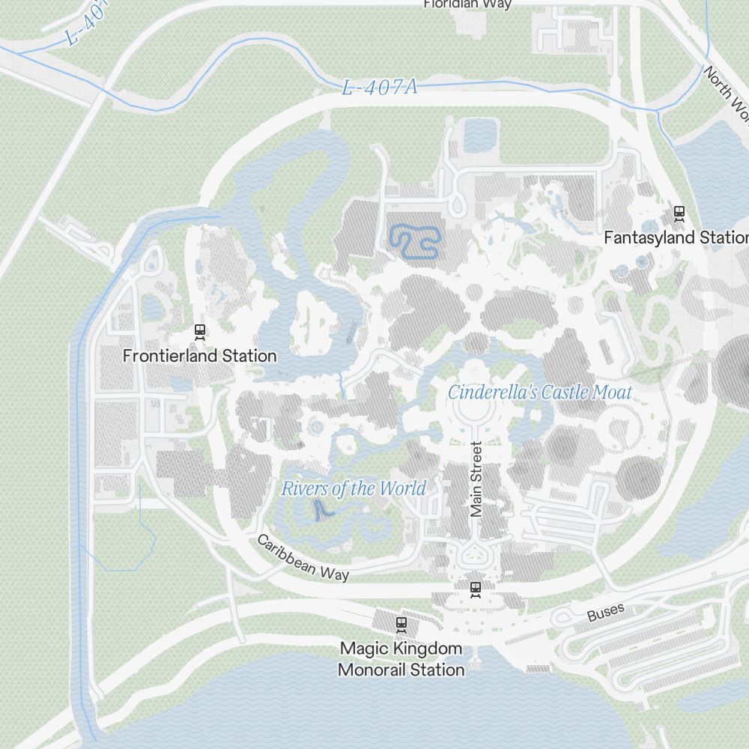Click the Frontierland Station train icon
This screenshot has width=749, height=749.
tap(199, 332)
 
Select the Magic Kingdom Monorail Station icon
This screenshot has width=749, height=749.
tap(401, 623)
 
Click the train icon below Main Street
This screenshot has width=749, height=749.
tap(475, 589)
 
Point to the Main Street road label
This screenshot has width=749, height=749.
tap(476, 479)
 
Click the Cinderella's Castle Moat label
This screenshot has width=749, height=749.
tap(540, 392)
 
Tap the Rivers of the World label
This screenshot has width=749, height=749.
tap(354, 489)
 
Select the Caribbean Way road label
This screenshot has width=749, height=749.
tap(303, 558)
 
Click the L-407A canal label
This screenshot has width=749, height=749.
tap(379, 88)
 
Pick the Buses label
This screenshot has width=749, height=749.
tap(605, 613)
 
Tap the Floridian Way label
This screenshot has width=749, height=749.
tap(467, 4)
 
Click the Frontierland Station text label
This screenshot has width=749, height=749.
tap(200, 356)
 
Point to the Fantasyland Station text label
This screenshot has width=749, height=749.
tap(676, 238)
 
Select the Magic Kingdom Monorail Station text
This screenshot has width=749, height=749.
tap(401, 659)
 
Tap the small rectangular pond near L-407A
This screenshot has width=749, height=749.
tap(480, 135)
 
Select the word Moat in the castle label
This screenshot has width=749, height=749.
tap(612, 392)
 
